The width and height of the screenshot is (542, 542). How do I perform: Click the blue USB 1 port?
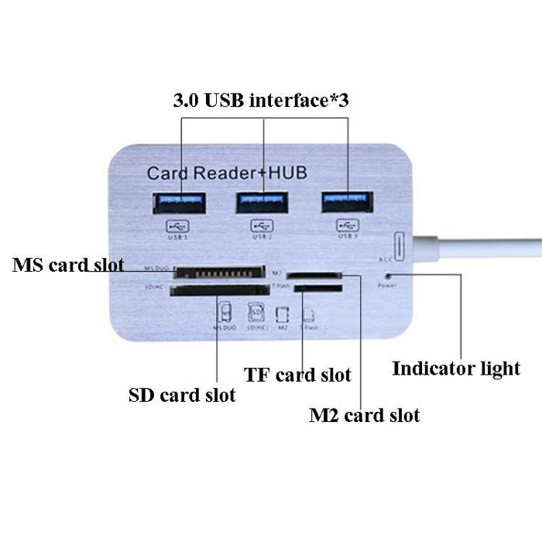coord(180,204)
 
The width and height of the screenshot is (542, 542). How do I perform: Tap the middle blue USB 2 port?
coord(262,203)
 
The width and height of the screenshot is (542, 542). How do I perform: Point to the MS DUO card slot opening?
coord(216,273)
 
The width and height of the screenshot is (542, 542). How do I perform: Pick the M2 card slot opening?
coord(314,275)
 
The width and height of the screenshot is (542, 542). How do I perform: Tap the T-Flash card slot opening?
coord(317,289)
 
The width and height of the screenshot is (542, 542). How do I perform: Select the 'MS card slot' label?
coord(68,265)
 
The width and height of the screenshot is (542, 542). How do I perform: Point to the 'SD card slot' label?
coord(181,395)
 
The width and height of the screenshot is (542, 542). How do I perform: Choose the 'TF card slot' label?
coord(297,376)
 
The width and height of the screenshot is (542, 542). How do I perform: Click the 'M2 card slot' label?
coord(364,416)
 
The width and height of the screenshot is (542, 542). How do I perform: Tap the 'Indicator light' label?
coord(456,369)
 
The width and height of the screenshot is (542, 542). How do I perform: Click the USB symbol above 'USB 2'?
coord(262,225)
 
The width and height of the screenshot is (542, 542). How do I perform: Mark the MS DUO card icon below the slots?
coord(225,314)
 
